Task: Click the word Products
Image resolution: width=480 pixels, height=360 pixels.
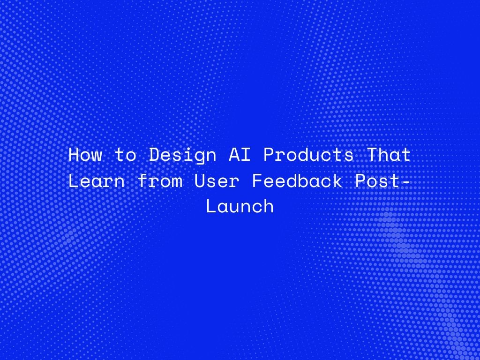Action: [308, 155]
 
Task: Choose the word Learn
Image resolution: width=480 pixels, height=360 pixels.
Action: [97, 181]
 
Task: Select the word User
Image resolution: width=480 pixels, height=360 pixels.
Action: [217, 181]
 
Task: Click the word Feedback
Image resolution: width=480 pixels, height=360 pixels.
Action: [297, 181]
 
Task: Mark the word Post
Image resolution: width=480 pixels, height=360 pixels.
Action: [377, 181]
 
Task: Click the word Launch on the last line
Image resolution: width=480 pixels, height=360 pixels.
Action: [240, 207]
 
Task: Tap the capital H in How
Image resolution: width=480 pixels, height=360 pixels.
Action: [74, 155]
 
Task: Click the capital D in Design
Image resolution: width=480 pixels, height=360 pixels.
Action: [154, 155]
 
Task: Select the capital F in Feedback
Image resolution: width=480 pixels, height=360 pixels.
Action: [257, 181]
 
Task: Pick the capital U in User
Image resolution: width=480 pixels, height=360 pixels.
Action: [200, 181]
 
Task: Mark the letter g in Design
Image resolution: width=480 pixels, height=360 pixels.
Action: [200, 158]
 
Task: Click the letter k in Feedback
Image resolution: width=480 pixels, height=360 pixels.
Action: [337, 181]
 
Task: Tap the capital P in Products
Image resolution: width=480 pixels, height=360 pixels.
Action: [269, 155]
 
